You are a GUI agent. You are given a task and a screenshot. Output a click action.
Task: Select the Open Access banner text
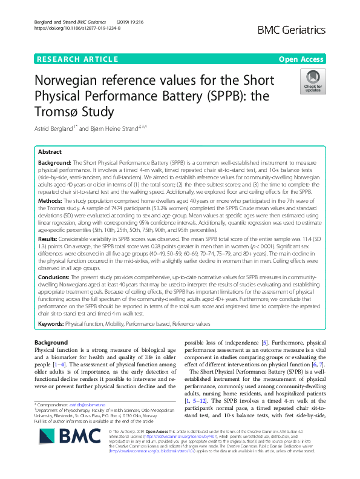(301, 59)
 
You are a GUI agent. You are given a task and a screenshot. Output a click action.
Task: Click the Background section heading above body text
(51, 343)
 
